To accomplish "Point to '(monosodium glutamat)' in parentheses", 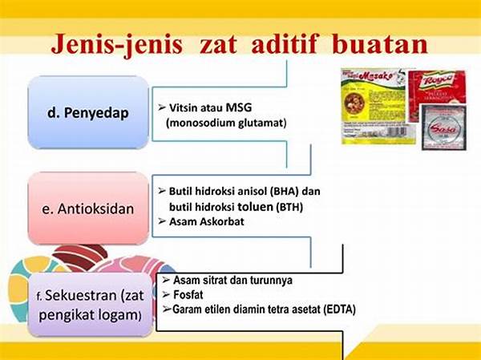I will tap(227, 123).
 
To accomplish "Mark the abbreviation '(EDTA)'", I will tap(339, 309).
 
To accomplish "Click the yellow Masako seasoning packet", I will tap(374, 104).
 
